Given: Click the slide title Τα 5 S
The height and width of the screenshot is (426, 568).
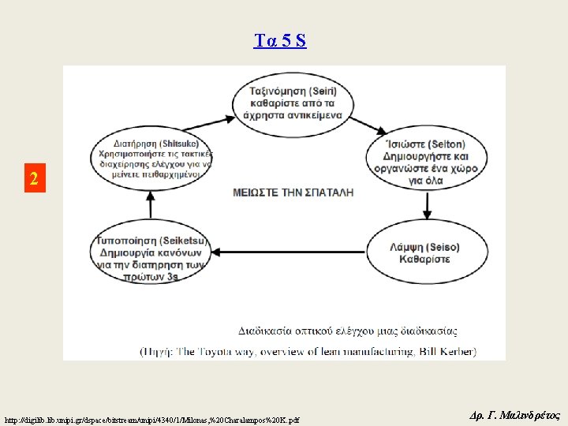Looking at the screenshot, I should point(280,41).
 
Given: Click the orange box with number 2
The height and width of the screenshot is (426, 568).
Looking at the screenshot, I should point(33,178).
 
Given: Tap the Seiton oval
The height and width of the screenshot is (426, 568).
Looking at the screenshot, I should point(427,162).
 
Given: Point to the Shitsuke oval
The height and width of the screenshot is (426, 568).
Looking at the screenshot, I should point(151,159).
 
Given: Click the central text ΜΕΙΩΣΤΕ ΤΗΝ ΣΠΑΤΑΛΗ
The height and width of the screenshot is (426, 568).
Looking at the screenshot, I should point(293,192).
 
